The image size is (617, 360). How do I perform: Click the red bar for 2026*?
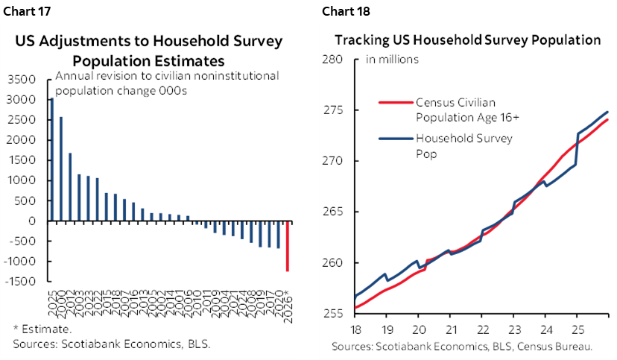coord(288,246)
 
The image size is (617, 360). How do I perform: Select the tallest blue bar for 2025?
coord(51,160)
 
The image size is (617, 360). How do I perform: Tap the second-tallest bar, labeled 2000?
coord(60,168)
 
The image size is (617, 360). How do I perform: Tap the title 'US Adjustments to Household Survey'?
coord(149,42)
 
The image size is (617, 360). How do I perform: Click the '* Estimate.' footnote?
coord(42,329)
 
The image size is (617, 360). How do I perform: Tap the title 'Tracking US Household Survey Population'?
coord(467,40)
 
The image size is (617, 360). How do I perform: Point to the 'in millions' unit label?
coord(391,60)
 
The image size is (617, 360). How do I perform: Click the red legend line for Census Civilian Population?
coord(396,103)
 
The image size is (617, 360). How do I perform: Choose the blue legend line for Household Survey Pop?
coord(396,139)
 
